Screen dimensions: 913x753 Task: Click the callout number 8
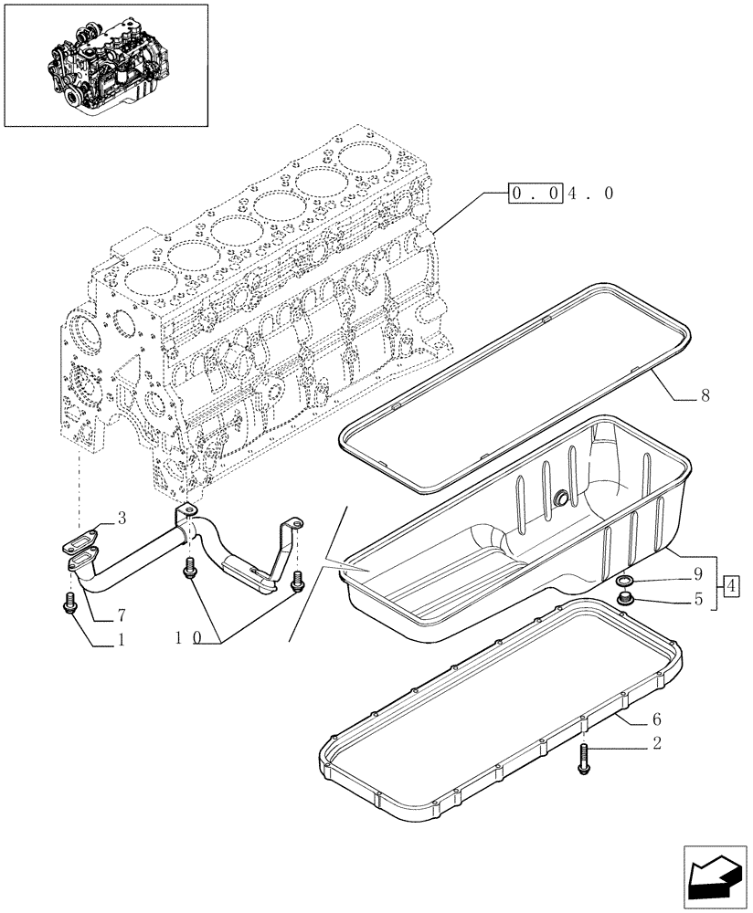pyautogui.click(x=705, y=396)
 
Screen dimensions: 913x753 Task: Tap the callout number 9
pyautogui.click(x=696, y=576)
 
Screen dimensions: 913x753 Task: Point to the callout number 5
pyautogui.click(x=696, y=600)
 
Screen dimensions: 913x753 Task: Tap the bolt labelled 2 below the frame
pyautogui.click(x=583, y=760)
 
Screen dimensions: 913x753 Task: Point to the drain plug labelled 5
pyautogui.click(x=626, y=600)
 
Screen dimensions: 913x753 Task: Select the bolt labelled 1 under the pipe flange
pyautogui.click(x=71, y=603)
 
